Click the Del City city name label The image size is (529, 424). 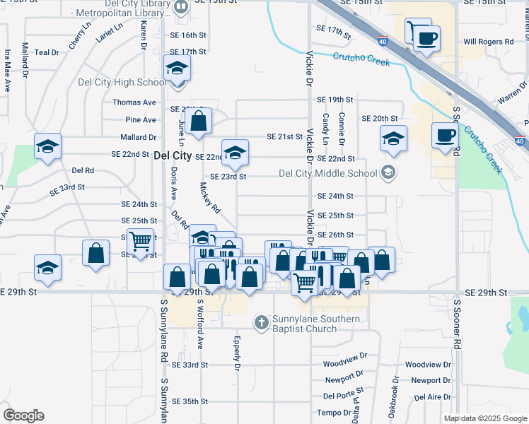point(173,155)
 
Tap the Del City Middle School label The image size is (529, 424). point(328,172)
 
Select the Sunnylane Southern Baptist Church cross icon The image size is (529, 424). point(261,322)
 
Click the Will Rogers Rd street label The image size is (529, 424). point(488,42)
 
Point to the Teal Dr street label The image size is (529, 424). point(46,52)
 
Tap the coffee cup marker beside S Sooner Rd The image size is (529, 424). point(445,136)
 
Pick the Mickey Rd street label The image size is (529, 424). point(210,199)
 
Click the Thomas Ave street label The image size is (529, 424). point(134,102)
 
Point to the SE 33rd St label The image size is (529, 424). point(190,365)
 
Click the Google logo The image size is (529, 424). point(23,416)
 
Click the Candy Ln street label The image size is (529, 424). point(325,129)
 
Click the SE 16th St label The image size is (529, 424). point(188,35)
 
